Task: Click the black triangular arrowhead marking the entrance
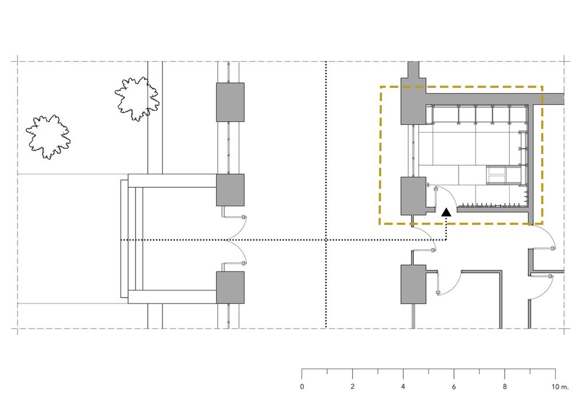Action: click(446, 212)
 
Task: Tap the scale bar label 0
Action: click(301, 387)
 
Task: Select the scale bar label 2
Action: click(352, 387)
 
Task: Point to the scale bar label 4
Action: click(403, 387)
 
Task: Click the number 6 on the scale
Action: click(453, 387)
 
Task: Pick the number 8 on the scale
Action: click(505, 387)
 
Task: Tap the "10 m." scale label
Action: click(560, 387)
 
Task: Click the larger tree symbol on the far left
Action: click(48, 137)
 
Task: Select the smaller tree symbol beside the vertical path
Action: click(137, 99)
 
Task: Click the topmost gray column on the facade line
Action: click(230, 102)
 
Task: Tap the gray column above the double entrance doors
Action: click(230, 190)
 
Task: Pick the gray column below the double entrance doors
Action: click(230, 288)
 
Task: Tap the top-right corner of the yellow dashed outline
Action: click(542, 87)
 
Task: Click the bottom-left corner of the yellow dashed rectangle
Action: click(380, 223)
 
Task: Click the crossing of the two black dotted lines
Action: click(326, 240)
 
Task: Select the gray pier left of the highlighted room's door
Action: click(413, 196)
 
